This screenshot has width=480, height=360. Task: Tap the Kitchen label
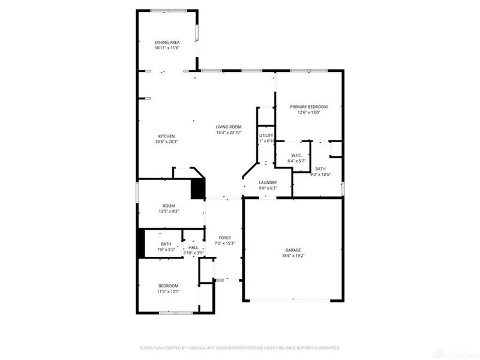[166, 136]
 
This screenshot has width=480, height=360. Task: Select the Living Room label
[229, 127]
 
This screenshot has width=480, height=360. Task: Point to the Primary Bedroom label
[309, 107]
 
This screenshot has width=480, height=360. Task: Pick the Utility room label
[266, 136]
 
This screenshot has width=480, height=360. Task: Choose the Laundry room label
[268, 182]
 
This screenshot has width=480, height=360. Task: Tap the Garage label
[293, 250]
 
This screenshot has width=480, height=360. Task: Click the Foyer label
[224, 238]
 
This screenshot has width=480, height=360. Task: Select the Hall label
[193, 247]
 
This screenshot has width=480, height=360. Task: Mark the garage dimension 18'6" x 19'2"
[293, 256]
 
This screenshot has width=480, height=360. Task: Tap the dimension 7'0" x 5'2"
[166, 249]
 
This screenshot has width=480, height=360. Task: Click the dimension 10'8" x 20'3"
[166, 142]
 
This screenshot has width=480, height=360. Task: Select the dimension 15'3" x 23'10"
[229, 132]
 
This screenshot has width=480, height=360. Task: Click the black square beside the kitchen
[198, 189]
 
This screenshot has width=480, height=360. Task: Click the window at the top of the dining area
[167, 10]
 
